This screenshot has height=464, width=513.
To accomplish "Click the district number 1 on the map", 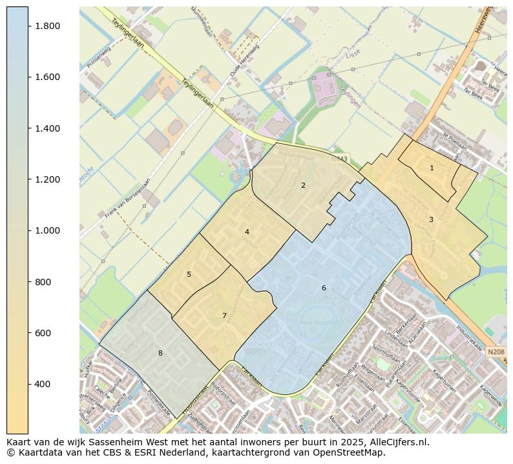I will (x=432, y=168).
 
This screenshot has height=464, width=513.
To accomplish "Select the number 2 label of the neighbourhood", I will (x=303, y=185).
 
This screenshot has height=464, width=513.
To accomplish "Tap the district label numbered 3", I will (x=431, y=220).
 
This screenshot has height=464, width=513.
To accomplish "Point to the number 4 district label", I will (x=247, y=232).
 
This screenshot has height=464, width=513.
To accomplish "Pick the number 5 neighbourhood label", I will (x=189, y=274).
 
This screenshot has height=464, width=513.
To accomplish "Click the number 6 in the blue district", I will (x=324, y=288).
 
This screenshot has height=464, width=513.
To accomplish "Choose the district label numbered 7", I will (x=224, y=316).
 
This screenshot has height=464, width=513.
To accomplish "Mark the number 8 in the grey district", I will (x=160, y=353).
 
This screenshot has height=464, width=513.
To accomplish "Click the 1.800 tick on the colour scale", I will (x=48, y=26).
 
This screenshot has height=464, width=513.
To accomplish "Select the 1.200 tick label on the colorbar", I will (x=48, y=179).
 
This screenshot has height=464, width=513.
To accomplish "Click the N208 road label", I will (x=496, y=352).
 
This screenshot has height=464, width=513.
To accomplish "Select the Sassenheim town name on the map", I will (x=249, y=344).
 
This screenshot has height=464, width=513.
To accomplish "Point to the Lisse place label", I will (x=353, y=56).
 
